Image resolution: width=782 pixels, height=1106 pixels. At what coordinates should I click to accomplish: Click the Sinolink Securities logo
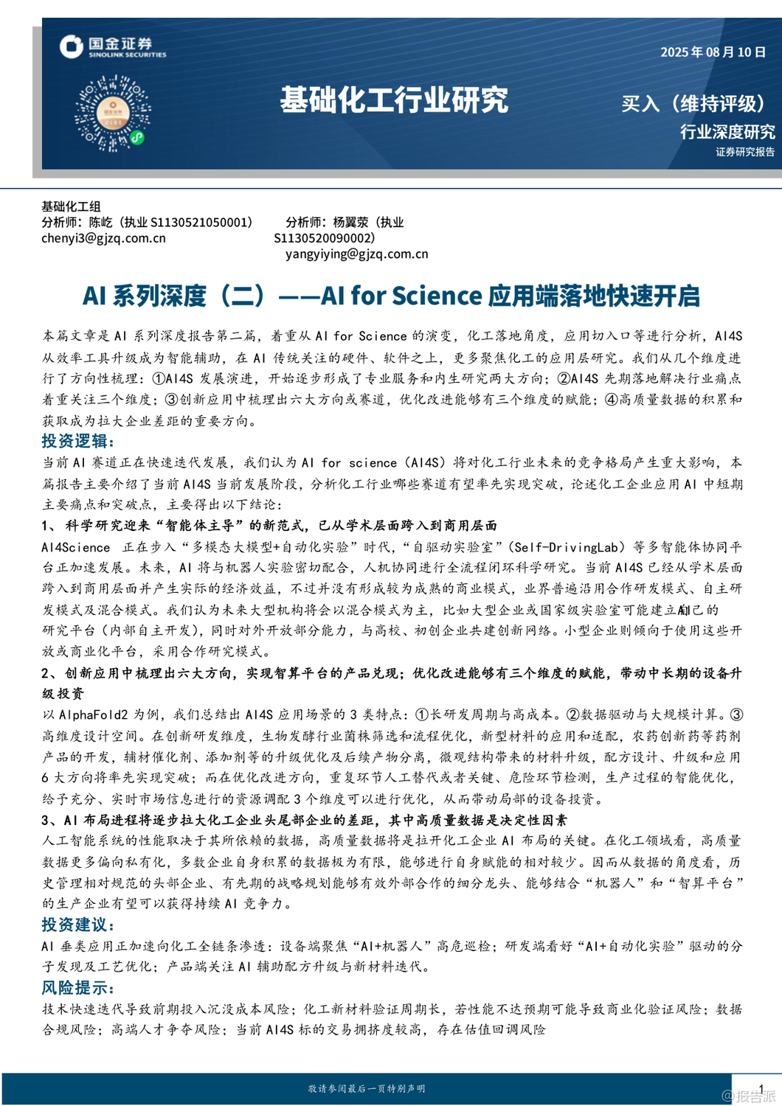[x=113, y=46]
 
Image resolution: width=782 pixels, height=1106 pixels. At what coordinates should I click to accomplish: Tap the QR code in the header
[x=112, y=113]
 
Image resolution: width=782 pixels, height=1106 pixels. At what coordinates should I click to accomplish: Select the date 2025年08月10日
[x=713, y=52]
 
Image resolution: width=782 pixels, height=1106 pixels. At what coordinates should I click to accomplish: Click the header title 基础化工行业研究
[x=394, y=100]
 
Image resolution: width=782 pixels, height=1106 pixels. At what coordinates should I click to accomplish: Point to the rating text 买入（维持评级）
[x=694, y=103]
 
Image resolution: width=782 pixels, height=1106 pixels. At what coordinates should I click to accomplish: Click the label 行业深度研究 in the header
[x=727, y=132]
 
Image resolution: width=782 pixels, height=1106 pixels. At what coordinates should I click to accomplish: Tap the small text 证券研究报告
[x=744, y=152]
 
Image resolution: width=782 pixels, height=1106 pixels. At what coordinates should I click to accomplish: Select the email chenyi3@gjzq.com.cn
[x=103, y=238]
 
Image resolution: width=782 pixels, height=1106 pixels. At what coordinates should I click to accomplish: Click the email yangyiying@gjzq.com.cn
[x=356, y=254]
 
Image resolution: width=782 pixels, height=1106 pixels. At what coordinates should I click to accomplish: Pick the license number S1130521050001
[x=201, y=223]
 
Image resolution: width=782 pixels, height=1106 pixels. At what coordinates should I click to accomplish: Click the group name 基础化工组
[x=71, y=206]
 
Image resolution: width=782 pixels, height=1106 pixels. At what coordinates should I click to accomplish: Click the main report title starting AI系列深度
[x=391, y=296]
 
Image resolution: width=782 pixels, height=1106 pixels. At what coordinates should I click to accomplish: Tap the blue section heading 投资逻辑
[x=77, y=441]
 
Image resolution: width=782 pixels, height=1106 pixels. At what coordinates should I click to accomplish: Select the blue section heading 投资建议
[x=77, y=925]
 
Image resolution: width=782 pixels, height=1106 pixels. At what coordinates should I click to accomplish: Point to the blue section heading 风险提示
[x=77, y=988]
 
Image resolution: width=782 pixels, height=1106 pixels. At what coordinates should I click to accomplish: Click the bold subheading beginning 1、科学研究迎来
[x=269, y=526]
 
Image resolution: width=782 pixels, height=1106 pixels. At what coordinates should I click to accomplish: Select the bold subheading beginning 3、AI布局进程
[x=304, y=820]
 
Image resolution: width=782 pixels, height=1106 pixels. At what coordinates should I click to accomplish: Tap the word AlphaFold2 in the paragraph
[x=93, y=714]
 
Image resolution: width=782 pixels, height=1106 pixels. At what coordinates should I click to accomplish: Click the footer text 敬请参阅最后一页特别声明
[x=366, y=1088]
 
